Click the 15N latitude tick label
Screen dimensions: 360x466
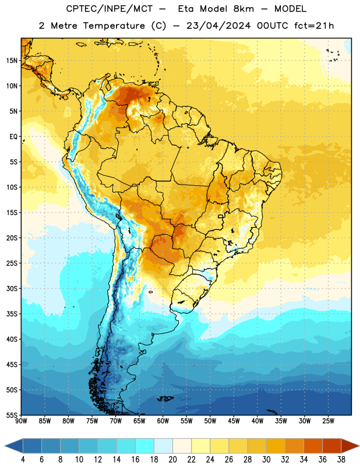(x=12, y=61)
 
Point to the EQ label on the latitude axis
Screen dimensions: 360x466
(x=13, y=137)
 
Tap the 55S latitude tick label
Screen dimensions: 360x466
(x=12, y=415)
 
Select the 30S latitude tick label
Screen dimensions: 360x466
(x=12, y=288)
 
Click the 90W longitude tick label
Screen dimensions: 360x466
(x=22, y=421)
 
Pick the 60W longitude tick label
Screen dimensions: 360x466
(x=163, y=421)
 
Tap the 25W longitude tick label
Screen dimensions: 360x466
(x=328, y=421)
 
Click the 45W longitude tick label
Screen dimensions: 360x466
(x=234, y=421)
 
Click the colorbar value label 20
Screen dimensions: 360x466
(x=172, y=460)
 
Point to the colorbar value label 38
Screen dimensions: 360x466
(x=341, y=460)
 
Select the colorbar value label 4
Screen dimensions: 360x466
(x=23, y=460)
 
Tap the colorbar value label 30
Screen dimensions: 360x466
(x=266, y=460)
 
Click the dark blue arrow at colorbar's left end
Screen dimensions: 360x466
(x=13, y=446)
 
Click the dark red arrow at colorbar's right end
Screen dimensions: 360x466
(x=351, y=446)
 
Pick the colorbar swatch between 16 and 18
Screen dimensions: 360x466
(x=145, y=446)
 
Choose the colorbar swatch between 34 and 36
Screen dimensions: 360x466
(x=313, y=446)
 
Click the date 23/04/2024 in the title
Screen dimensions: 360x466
(x=218, y=26)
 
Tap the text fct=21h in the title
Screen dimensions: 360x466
(x=314, y=26)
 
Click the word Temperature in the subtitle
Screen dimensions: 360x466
(x=114, y=26)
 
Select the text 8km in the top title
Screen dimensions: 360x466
(x=243, y=9)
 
